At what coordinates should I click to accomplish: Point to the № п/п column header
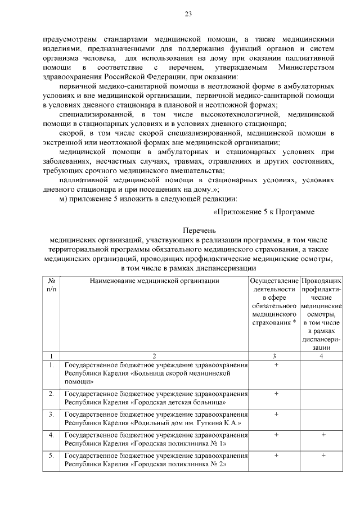coord(51,284)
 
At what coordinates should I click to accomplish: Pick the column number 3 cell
coord(274,355)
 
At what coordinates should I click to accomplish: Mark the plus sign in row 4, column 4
coord(323,434)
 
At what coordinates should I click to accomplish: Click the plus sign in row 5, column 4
coord(323,454)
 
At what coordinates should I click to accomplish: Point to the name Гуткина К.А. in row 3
coord(219,422)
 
